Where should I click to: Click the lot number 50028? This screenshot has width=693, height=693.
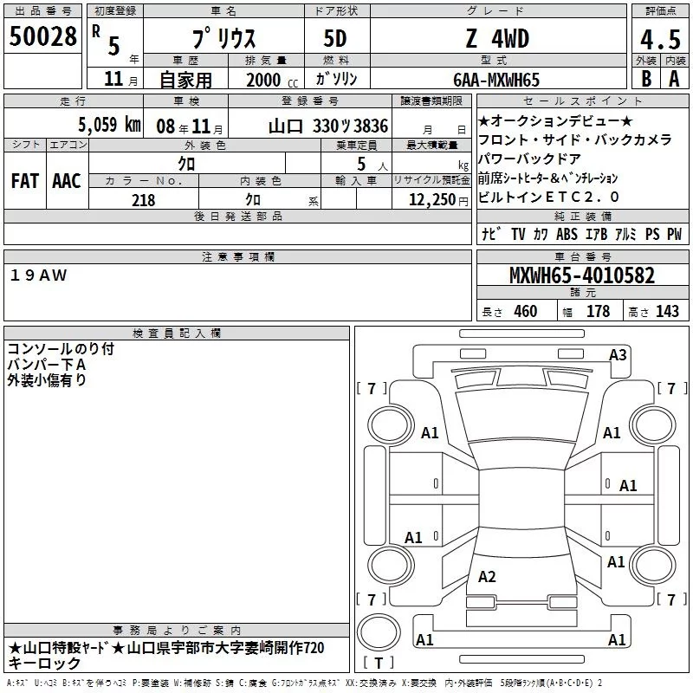(x=42, y=36)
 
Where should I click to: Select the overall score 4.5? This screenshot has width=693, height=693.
(x=660, y=39)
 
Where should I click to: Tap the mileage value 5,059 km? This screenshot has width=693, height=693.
(x=109, y=125)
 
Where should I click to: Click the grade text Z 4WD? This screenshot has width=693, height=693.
(x=497, y=39)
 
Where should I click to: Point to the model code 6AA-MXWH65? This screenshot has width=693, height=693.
(x=496, y=80)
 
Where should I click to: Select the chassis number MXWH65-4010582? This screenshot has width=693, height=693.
(x=582, y=275)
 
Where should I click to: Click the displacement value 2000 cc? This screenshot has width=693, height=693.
(x=272, y=80)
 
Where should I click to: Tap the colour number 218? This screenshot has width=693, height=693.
(x=143, y=200)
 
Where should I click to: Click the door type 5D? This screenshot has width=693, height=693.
(x=335, y=39)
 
